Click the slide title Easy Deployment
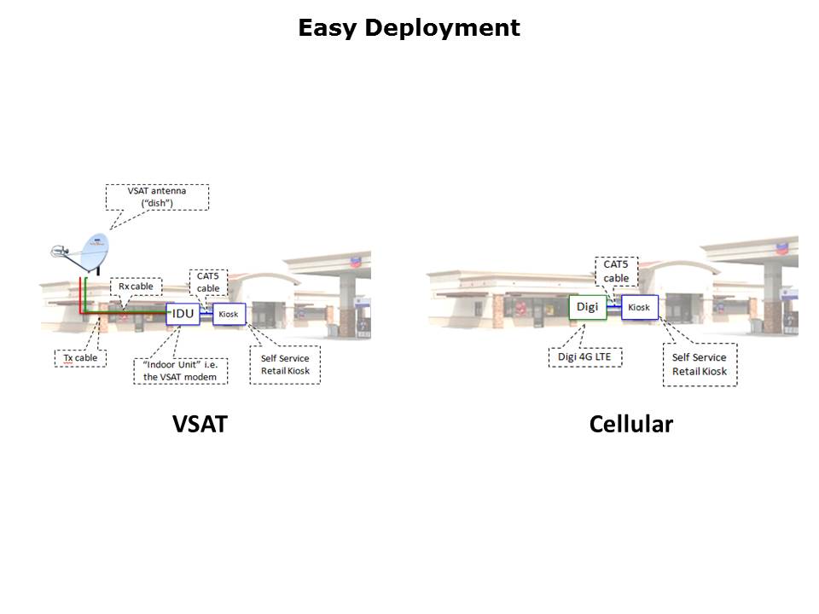[409, 28]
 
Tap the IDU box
[183, 314]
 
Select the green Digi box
[588, 307]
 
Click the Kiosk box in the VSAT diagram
[229, 315]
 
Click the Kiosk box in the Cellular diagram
[639, 307]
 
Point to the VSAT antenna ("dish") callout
[156, 197]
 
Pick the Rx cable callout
[136, 287]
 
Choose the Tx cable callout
[80, 357]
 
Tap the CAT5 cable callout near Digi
[616, 271]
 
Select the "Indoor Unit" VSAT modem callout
[180, 371]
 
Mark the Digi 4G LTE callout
[585, 356]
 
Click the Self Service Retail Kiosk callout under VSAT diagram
[285, 364]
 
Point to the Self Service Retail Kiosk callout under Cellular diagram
[700, 364]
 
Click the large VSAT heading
[200, 423]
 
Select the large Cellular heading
[630, 423]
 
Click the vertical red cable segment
[80, 294]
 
